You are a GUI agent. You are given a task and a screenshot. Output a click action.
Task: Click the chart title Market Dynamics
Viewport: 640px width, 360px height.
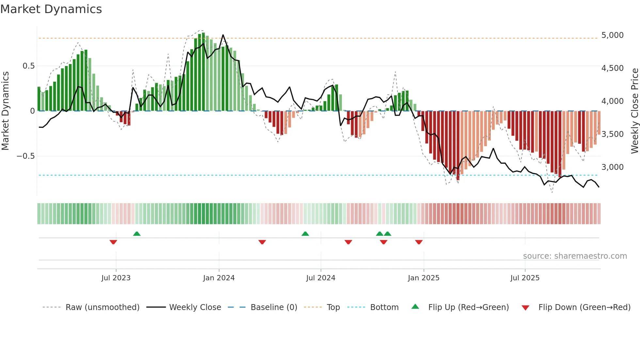pyautogui.click(x=51, y=9)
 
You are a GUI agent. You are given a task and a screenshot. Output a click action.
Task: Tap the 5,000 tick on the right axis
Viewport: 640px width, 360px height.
pyautogui.click(x=612, y=35)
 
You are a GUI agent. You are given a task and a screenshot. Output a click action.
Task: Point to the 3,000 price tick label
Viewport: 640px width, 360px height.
pyautogui.click(x=612, y=167)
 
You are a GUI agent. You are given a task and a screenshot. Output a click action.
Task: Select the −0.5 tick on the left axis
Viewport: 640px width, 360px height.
pyautogui.click(x=25, y=156)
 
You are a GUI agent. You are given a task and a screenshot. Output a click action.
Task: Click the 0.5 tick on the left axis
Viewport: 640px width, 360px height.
pyautogui.click(x=28, y=66)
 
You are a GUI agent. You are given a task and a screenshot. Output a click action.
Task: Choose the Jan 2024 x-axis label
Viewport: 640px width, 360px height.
pyautogui.click(x=219, y=278)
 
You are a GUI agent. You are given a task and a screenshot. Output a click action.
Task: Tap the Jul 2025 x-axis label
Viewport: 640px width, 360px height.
pyautogui.click(x=525, y=278)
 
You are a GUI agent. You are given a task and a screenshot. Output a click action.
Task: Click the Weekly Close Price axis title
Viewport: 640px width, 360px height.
pyautogui.click(x=634, y=111)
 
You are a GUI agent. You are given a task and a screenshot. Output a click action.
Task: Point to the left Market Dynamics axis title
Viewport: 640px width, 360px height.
pyautogui.click(x=5, y=111)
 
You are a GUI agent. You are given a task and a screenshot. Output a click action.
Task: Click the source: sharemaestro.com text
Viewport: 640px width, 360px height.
pyautogui.click(x=575, y=256)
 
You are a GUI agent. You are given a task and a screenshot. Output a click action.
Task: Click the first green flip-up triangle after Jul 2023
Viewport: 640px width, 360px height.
pyautogui.click(x=137, y=234)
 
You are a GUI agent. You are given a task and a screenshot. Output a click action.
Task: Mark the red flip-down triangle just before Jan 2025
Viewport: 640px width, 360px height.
pyautogui.click(x=419, y=242)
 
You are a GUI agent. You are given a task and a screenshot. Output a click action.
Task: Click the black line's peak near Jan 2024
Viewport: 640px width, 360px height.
pyautogui.click(x=223, y=35)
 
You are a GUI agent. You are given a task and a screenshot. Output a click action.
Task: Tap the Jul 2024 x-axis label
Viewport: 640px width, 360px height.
pyautogui.click(x=321, y=278)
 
